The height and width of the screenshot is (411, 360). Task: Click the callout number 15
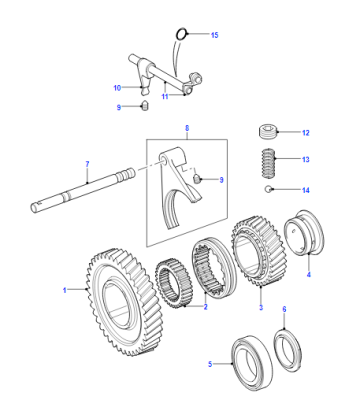click(215, 35)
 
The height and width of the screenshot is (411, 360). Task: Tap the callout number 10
click(117, 88)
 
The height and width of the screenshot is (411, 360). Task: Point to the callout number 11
click(165, 97)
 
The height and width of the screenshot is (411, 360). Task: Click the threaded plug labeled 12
click(268, 132)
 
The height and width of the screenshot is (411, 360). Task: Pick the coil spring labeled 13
click(269, 162)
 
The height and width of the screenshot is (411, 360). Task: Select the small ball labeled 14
click(268, 189)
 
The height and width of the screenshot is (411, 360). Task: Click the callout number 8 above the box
click(187, 128)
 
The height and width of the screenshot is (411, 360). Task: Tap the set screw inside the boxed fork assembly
click(197, 179)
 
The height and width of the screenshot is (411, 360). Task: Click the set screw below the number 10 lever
click(145, 105)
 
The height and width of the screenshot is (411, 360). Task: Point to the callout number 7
click(87, 164)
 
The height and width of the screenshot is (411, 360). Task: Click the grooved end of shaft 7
click(126, 174)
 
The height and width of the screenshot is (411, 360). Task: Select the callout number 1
click(65, 290)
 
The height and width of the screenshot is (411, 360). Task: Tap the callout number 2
click(205, 307)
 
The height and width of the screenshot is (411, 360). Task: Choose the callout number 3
click(261, 307)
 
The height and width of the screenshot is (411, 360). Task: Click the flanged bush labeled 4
click(303, 233)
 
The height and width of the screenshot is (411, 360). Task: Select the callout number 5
click(210, 364)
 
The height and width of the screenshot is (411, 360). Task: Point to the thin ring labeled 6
click(288, 350)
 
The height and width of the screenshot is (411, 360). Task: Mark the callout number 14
click(306, 190)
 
